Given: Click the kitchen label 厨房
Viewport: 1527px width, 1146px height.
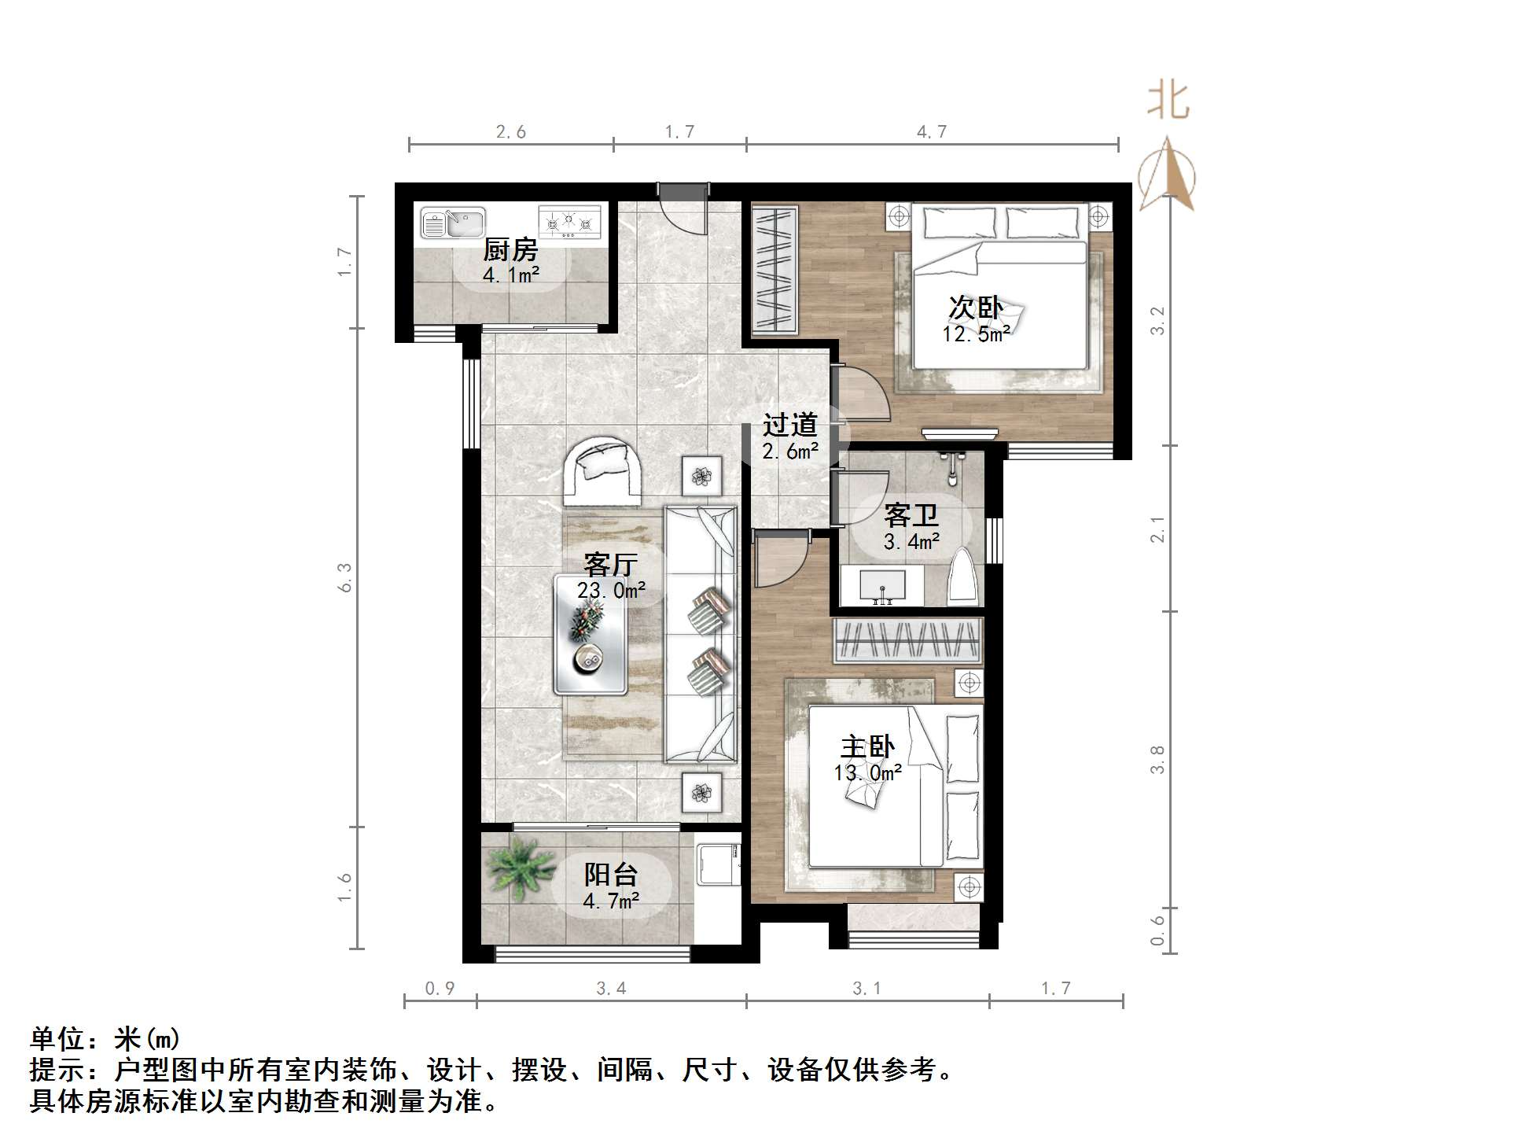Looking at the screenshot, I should (x=510, y=250).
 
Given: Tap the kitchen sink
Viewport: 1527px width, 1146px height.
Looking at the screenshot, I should (x=454, y=223).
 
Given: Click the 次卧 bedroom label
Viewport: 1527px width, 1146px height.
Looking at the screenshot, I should (x=975, y=308).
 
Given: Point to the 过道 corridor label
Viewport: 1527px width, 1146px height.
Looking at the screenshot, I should (x=789, y=426).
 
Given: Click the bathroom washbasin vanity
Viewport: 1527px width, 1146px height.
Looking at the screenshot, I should (x=882, y=586).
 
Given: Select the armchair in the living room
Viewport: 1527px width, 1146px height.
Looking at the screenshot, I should (x=603, y=472).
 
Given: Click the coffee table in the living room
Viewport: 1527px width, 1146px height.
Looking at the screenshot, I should (x=591, y=634).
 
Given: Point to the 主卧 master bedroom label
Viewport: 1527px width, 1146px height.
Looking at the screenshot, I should (x=867, y=746).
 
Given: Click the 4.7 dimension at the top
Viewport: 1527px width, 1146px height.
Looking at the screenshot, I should (x=932, y=131).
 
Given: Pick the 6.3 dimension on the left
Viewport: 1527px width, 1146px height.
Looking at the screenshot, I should (x=344, y=577).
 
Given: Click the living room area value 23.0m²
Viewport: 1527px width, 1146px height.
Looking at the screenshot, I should (x=612, y=591).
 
